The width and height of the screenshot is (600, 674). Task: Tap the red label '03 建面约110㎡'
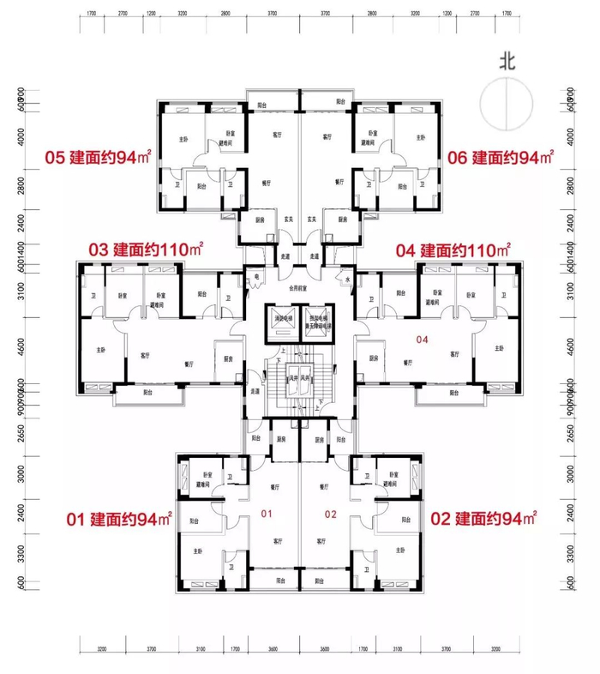146,250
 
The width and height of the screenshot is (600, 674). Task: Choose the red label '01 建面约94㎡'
121,519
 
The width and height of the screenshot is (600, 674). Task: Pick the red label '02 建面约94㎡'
483,519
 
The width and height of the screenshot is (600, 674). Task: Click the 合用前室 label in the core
299,290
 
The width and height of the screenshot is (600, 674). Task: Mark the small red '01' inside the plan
266,515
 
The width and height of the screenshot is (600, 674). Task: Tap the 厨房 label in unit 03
230,358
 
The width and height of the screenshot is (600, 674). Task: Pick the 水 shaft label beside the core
347,279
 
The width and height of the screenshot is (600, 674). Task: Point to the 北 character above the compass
509,61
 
